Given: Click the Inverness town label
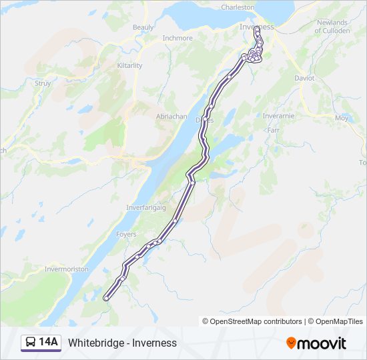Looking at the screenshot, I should coord(256,27).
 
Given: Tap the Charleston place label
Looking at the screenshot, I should coord(238,7).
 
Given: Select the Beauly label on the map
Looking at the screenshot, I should coord(143,27).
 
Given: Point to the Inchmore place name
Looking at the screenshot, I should coord(177,38).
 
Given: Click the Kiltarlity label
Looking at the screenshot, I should coord(130,65).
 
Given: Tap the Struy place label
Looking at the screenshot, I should coord(43,83).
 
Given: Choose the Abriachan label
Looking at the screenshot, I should coord(171,116).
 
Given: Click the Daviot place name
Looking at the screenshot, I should coord(304,78).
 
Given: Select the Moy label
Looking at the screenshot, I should coord(342,117).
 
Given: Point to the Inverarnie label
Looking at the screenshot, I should coord(278,116).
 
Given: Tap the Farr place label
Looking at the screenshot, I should coord(273,130).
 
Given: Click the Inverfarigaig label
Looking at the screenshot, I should coord(146,208).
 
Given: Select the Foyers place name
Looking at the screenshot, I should coord(125,235).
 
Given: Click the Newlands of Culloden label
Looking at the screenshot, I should coord(332,27).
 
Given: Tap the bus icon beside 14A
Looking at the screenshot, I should coord(31,343).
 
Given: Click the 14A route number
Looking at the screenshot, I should coord(49,343).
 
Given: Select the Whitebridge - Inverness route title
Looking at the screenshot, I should coord(122,343).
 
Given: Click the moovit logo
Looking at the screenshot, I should coord(316,343).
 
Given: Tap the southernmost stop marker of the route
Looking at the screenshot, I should coord(105,299).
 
